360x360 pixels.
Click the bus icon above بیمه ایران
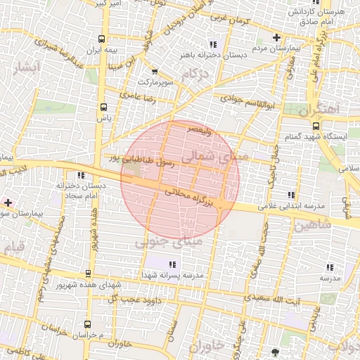pos(103,39)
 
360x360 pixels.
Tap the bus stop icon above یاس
pos(104,108)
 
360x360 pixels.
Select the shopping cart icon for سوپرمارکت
pos(154,71)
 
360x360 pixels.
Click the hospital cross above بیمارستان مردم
pos(276,37)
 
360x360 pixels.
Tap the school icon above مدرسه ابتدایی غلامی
pos(291,195)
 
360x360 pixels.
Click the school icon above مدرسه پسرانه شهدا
pos(172,265)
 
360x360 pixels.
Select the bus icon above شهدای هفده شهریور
pos(88,273)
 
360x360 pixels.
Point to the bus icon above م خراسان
pos(87,324)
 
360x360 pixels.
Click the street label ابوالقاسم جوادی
pos(243,101)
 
